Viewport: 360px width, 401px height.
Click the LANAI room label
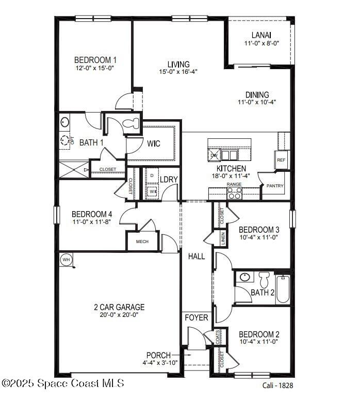pos(261,35)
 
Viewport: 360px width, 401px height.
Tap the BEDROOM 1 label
pos(95,59)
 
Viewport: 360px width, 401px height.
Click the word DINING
pos(257,94)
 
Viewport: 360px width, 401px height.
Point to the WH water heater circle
pos(66,260)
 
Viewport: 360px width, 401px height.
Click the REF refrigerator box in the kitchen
pos(281,160)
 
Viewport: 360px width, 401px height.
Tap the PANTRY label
pos(274,186)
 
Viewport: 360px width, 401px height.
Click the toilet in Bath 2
pos(264,280)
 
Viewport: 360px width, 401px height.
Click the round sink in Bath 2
pos(245,278)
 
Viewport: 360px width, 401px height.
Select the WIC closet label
pos(155,143)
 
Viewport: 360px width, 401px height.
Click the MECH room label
pos(142,242)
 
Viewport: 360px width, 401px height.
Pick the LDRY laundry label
pos(169,180)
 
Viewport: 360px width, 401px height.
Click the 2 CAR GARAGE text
pos(119,307)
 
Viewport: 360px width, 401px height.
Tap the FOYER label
pos(197,317)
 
